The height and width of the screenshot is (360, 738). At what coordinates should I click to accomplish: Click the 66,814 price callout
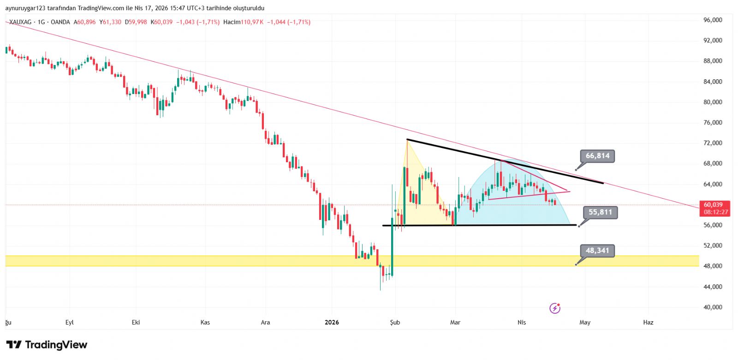[597, 156]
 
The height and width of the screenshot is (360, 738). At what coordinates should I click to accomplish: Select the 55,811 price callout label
[600, 212]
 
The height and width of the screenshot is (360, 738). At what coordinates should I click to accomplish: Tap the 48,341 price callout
[597, 250]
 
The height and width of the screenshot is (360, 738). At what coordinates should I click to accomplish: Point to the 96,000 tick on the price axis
[713, 20]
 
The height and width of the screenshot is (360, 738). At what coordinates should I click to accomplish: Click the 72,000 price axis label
[713, 143]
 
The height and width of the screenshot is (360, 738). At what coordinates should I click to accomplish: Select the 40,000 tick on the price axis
[713, 307]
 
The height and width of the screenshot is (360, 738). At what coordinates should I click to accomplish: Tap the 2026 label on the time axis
[332, 322]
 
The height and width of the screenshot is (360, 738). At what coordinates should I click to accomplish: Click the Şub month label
[395, 322]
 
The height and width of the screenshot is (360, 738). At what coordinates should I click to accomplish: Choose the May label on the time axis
[585, 322]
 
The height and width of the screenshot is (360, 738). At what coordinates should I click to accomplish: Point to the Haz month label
[648, 322]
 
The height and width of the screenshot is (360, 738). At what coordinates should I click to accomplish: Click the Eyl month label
[70, 322]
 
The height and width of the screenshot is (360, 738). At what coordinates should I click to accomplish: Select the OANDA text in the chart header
[60, 22]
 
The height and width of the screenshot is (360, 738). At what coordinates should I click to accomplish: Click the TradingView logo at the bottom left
[47, 345]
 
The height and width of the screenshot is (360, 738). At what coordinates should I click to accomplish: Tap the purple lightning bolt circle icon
[555, 308]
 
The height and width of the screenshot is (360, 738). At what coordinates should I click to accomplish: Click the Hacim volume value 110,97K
[252, 22]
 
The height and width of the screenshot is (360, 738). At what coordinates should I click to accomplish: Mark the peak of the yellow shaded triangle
[407, 140]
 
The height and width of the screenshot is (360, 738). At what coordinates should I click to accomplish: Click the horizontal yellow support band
[184, 261]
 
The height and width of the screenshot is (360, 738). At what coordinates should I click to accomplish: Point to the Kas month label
[205, 322]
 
